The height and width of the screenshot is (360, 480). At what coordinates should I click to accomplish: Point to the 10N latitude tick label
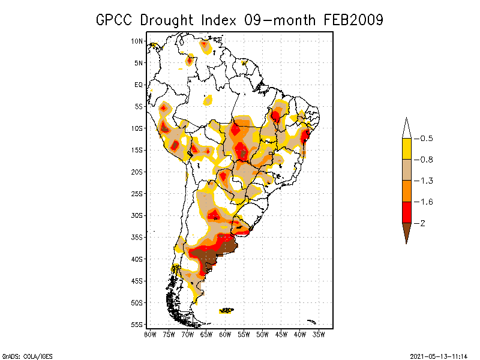[x=137, y=41]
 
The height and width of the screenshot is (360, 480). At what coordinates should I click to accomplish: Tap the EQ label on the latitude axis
[x=139, y=85]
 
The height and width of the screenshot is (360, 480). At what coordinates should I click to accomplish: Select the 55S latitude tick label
[x=137, y=325]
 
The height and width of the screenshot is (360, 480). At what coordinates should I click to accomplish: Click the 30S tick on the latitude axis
[x=137, y=215]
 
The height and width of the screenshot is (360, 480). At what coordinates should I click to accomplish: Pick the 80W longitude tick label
[x=150, y=334]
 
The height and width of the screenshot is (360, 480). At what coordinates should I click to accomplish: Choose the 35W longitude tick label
[x=319, y=334]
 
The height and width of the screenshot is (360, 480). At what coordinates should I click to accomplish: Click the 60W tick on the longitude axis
[x=225, y=334]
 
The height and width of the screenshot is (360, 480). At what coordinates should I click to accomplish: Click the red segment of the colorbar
[x=406, y=212]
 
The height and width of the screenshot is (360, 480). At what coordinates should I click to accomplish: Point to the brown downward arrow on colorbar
[x=406, y=233]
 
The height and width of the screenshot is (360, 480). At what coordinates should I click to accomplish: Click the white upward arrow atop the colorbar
[x=406, y=128]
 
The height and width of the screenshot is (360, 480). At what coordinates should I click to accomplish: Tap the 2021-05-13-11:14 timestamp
[x=439, y=355]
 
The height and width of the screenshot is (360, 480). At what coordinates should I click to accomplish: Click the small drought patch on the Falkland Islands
[x=226, y=310]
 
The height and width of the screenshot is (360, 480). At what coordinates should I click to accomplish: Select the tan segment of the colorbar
[x=406, y=170]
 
